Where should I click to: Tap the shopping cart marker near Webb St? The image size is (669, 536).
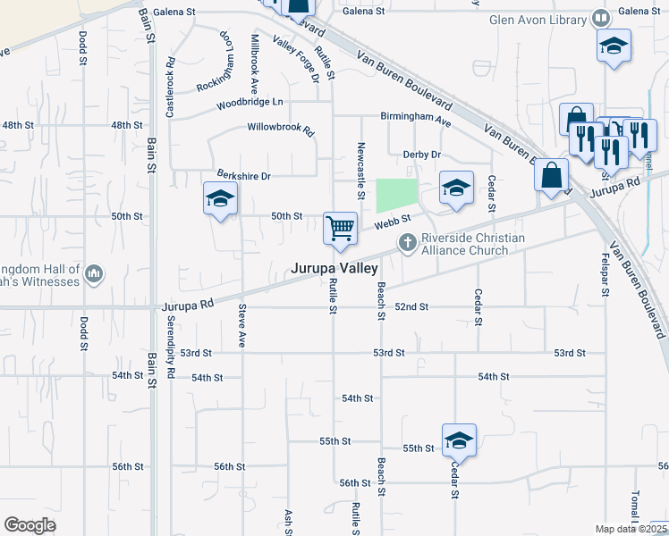click(340, 230)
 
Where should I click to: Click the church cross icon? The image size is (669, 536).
click(407, 241)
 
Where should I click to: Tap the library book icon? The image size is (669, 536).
click(601, 19)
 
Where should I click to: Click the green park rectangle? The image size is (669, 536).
click(396, 195)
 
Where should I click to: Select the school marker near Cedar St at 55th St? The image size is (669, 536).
click(459, 440)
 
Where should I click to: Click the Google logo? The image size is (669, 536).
click(30, 525)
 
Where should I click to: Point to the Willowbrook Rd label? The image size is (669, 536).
click(281, 129)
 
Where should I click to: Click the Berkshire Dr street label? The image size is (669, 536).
click(243, 175)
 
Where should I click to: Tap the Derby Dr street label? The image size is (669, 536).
click(422, 155)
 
